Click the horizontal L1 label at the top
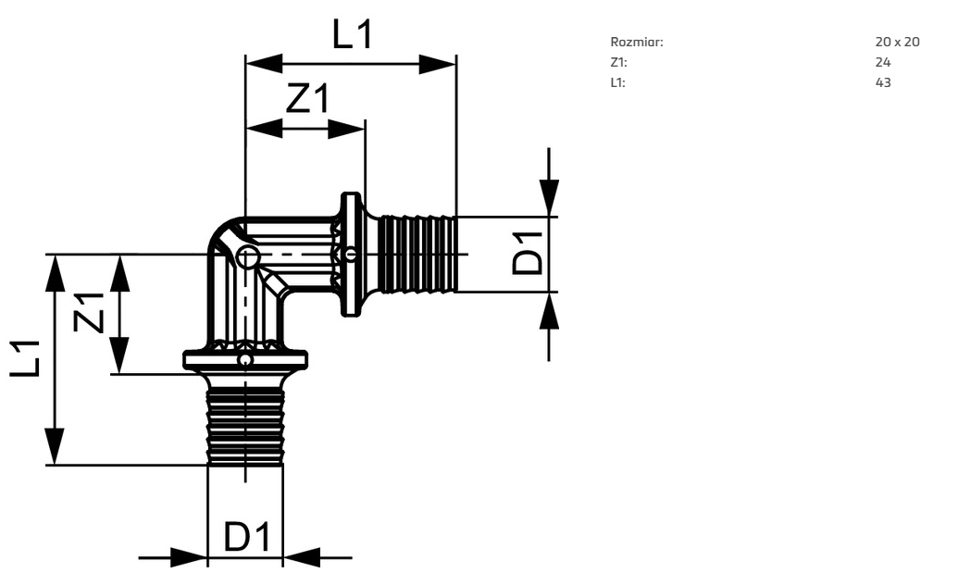[x=353, y=34]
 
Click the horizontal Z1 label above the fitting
[x=308, y=98]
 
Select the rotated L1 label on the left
[x=25, y=358]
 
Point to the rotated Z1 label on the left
[x=89, y=312]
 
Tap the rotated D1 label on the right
[x=528, y=253]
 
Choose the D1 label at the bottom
[x=246, y=536]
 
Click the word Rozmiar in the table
[x=637, y=43]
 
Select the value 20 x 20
[x=897, y=43]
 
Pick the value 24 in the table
[x=883, y=62]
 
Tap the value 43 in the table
[x=883, y=82]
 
